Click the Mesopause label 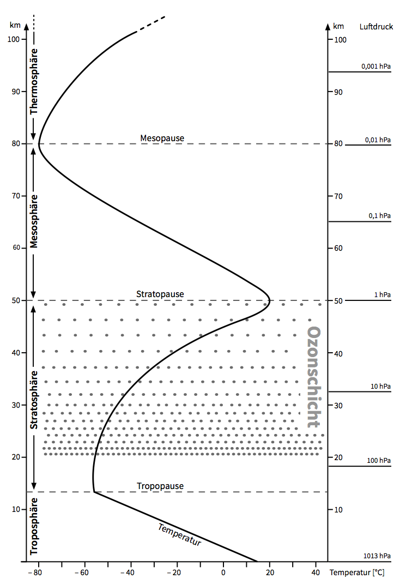162,138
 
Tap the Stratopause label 160,294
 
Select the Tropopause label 160,486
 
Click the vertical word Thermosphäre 34,81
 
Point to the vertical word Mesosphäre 34,221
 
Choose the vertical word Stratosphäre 34,400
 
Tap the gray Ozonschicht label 313,377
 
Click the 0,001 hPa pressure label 376,67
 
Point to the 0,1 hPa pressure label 379,216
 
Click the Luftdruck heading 376,27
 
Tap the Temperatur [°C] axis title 357,573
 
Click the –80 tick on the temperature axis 36,573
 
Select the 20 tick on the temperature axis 269,573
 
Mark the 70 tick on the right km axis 338,196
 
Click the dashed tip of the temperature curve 151,25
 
